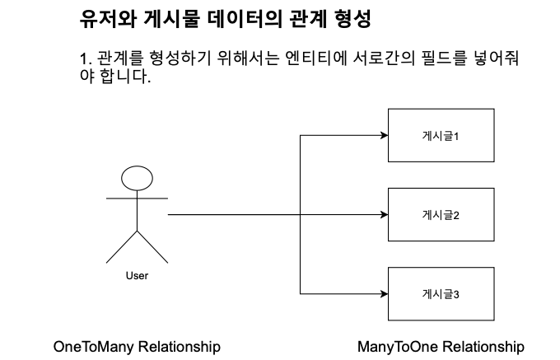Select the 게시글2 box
(441, 215)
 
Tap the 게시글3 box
(441, 293)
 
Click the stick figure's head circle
(137, 180)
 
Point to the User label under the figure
(137, 276)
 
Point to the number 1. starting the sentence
(84, 59)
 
